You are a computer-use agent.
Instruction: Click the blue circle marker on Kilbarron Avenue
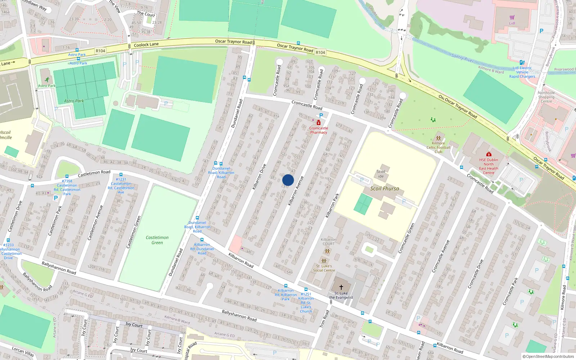[288, 180]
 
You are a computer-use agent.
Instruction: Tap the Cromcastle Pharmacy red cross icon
[319, 123]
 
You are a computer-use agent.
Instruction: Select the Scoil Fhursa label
[384, 188]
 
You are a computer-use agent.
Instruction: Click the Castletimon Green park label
[157, 240]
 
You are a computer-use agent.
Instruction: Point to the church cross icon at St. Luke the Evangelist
[341, 287]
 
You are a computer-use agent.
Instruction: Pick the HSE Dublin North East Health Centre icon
[489, 154]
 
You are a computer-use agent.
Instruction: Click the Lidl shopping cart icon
[512, 17]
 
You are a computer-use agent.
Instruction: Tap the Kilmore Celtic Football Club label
[438, 147]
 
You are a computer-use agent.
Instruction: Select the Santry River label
[463, 58]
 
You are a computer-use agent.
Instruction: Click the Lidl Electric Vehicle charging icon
[522, 62]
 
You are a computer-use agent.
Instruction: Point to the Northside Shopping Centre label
[546, 97]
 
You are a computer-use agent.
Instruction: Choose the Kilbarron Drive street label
[259, 177]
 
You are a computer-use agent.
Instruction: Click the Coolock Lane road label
[146, 45]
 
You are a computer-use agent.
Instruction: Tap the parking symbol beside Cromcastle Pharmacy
[321, 116]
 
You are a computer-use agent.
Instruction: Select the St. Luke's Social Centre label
[324, 268]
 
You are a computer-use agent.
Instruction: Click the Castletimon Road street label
[94, 174]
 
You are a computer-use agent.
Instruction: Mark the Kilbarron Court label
[328, 242]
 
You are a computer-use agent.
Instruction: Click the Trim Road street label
[324, 319]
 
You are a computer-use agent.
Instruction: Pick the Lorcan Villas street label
[23, 351]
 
